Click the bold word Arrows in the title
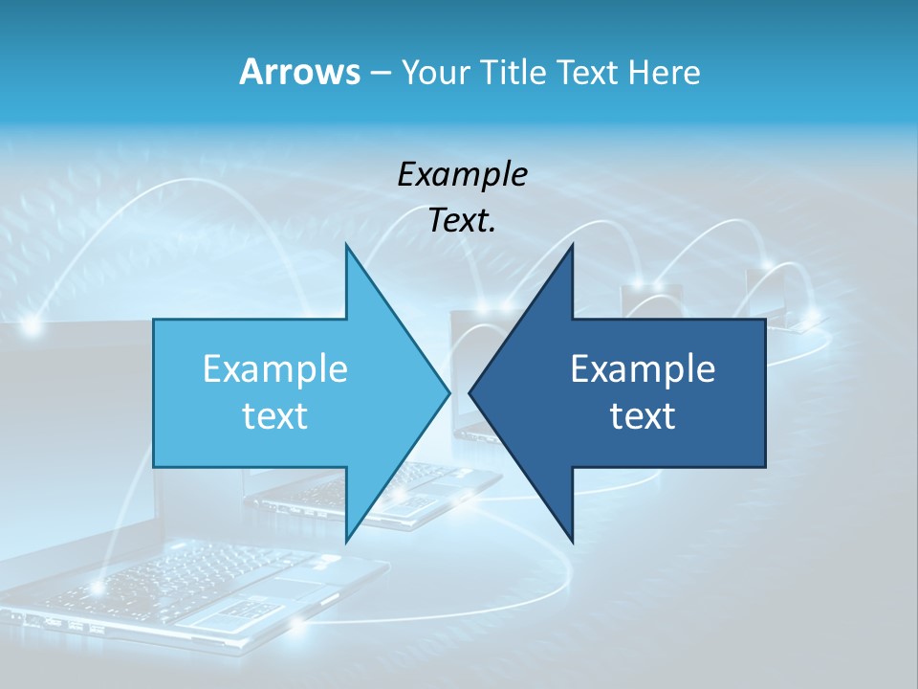point(298,72)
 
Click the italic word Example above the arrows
point(462,174)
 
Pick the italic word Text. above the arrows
point(462,221)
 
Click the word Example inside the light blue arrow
point(275,368)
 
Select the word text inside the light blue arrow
point(275,416)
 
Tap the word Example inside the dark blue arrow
point(643,368)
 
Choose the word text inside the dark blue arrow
point(643,416)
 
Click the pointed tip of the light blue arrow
point(448,392)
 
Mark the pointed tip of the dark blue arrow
point(470,392)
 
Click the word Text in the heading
point(588,72)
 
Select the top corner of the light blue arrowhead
point(346,244)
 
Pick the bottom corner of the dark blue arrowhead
point(573,542)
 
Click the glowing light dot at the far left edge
point(32,326)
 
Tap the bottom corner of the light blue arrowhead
point(346,542)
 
